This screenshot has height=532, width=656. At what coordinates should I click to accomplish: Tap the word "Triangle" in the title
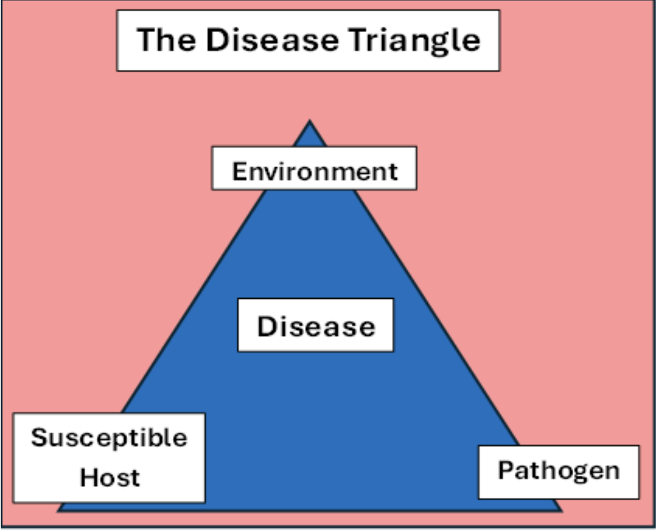click(414, 41)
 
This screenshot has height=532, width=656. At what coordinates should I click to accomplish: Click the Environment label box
click(314, 168)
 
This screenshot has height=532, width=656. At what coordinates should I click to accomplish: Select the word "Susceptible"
click(109, 439)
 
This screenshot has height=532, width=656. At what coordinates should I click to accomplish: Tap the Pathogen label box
click(559, 472)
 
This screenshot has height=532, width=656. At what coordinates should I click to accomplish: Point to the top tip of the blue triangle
click(310, 120)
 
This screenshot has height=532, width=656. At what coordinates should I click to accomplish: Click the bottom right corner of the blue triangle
click(562, 512)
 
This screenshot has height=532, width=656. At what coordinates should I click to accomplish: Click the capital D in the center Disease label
click(266, 326)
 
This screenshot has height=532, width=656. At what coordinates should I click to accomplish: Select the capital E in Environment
click(239, 171)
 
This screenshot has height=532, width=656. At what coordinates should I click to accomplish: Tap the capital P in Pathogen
click(506, 470)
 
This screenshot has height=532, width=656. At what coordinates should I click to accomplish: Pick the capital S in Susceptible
click(39, 437)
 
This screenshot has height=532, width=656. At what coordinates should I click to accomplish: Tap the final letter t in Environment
click(392, 172)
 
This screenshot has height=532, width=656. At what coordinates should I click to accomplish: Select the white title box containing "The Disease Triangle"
click(308, 41)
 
